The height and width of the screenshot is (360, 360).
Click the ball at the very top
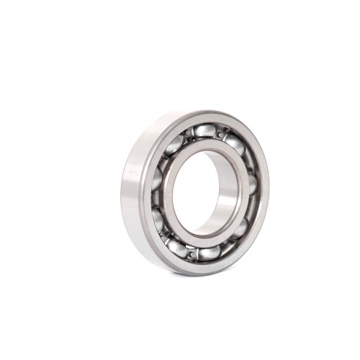click(205, 131)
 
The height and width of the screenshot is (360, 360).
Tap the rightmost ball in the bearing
click(251, 186)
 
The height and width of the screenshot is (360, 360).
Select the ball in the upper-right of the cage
click(235, 145)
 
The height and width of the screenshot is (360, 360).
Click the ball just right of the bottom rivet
click(209, 252)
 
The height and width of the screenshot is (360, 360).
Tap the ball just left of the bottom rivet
click(176, 248)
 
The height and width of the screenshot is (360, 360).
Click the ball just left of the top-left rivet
click(174, 145)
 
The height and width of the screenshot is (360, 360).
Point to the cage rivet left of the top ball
click(188, 134)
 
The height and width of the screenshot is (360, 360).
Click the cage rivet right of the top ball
click(220, 134)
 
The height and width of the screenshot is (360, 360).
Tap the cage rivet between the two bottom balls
click(192, 253)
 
